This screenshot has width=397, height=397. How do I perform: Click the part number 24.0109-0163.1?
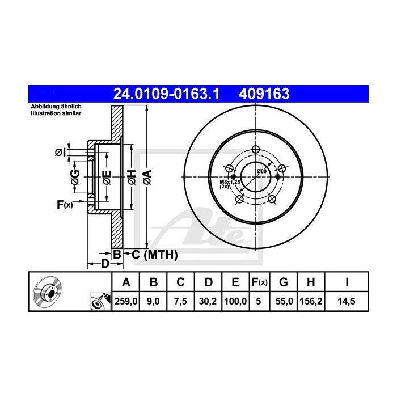click(x=166, y=94)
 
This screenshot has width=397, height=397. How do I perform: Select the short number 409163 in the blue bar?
click(x=264, y=94)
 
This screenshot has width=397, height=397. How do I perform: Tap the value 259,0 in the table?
click(x=126, y=301)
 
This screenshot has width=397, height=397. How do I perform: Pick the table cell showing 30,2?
click(x=208, y=301)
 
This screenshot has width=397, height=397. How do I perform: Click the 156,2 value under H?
click(x=311, y=301)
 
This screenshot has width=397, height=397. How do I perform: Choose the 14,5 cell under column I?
click(x=347, y=301)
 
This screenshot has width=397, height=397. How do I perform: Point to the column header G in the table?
click(x=284, y=282)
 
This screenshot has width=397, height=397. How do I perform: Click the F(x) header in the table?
click(x=259, y=282)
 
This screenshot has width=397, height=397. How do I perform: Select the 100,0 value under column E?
click(x=235, y=301)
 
